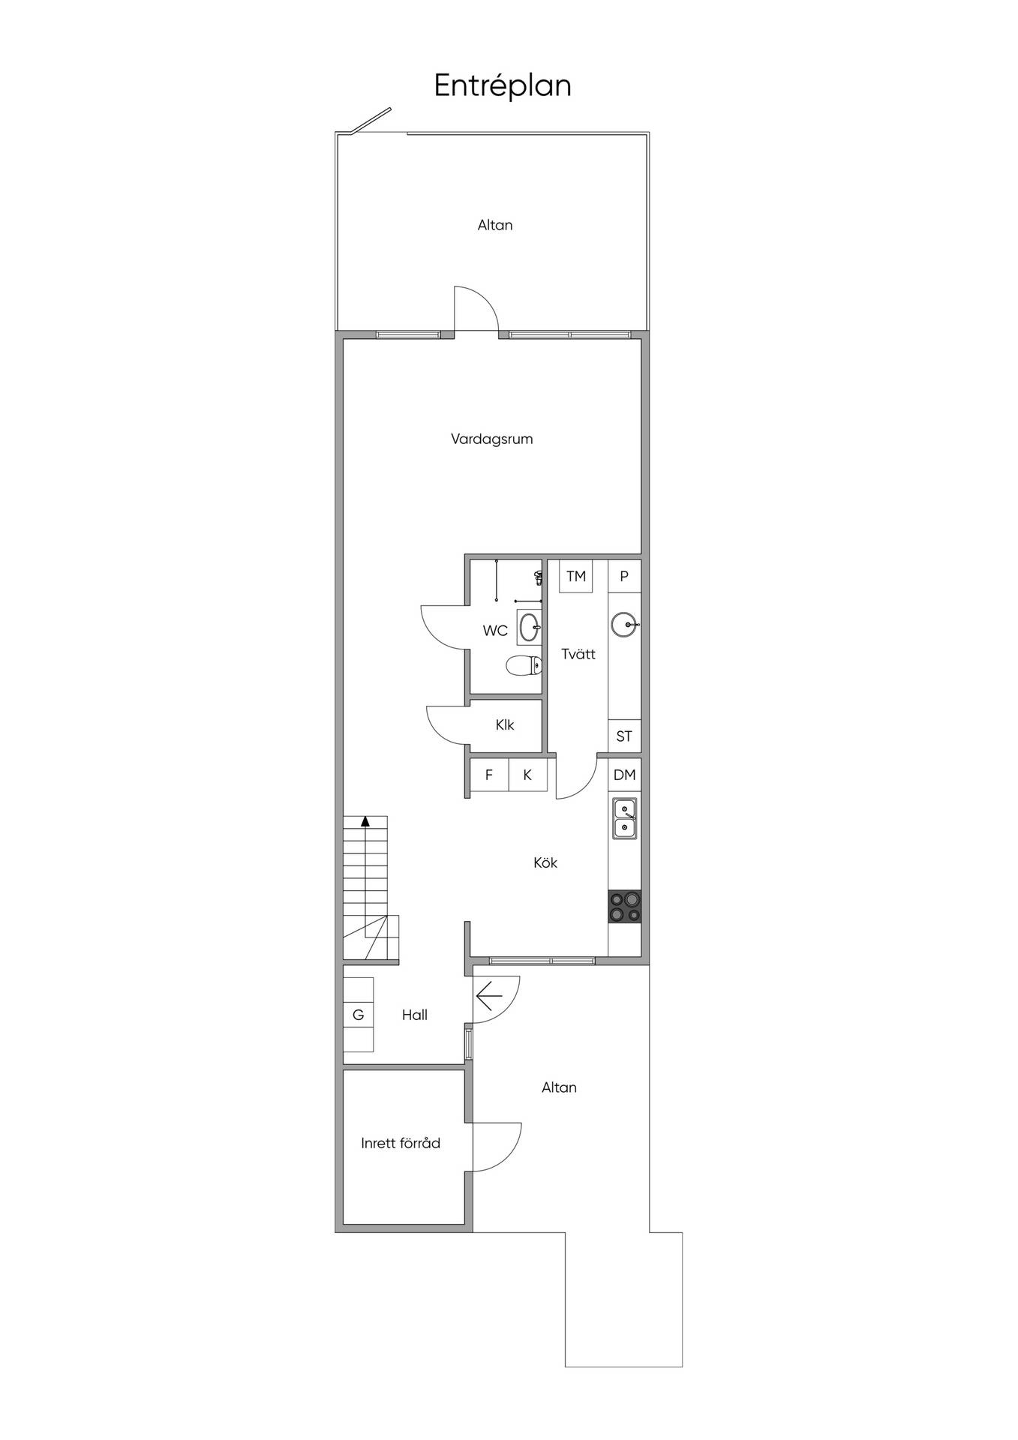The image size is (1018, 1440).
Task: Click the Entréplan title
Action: tap(503, 86)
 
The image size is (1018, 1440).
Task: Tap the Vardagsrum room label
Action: tap(491, 439)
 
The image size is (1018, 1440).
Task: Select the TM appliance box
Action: tap(576, 576)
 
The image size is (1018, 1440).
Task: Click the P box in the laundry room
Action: tap(624, 576)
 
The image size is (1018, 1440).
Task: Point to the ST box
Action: tap(624, 736)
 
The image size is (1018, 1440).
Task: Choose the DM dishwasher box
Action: tap(624, 775)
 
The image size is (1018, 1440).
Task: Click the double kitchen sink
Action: tap(625, 818)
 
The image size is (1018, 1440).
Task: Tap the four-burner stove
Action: tap(624, 906)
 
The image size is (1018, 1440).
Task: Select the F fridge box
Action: tap(489, 775)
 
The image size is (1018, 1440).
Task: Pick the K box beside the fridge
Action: tap(527, 775)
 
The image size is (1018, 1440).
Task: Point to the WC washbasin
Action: tap(529, 627)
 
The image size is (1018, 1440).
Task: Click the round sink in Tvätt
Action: tap(624, 624)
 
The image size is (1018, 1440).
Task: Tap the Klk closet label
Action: tap(505, 725)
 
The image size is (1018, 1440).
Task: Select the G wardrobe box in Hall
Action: tap(359, 1015)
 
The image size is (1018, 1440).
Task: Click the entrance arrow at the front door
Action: tap(488, 996)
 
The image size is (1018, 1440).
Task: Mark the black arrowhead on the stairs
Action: tap(365, 820)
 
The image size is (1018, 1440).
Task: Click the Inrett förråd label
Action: tap(401, 1143)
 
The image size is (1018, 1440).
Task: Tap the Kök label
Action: tap(545, 862)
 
